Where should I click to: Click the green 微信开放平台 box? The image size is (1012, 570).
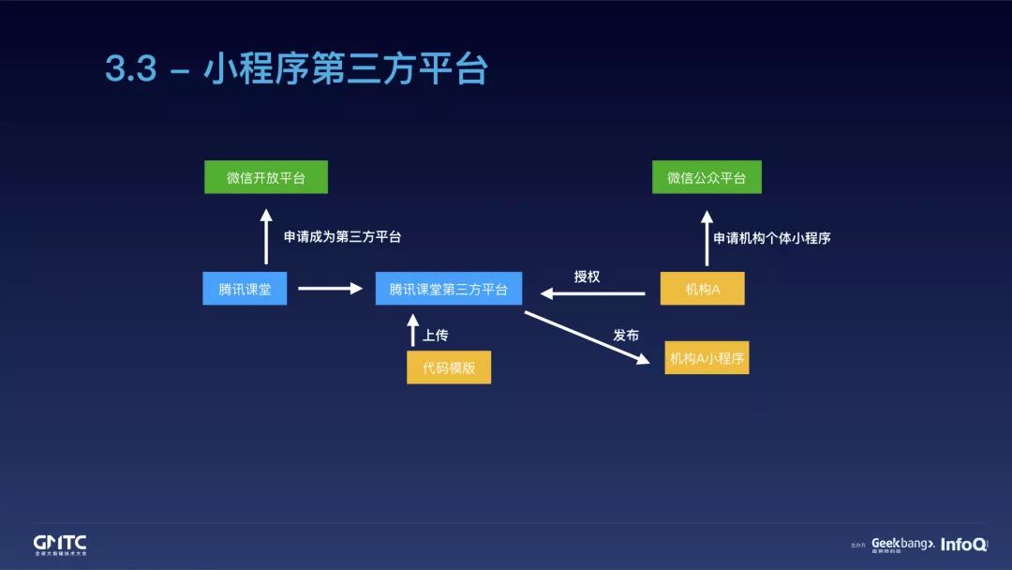click(266, 177)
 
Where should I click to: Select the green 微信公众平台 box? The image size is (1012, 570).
click(707, 177)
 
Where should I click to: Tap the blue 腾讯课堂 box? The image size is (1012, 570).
click(245, 289)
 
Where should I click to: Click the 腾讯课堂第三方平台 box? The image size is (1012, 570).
click(449, 289)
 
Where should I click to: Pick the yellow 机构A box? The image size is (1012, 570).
click(702, 289)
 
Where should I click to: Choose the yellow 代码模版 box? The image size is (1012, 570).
click(449, 367)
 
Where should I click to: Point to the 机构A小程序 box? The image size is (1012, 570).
click(707, 357)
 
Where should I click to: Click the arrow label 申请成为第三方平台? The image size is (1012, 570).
click(342, 237)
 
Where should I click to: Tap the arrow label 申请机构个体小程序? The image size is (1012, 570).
click(772, 238)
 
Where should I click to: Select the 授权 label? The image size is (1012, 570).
click(587, 277)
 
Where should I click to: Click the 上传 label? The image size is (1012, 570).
click(436, 335)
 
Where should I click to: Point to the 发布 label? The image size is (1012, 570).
click(626, 335)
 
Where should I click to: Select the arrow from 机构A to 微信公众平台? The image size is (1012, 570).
click(707, 238)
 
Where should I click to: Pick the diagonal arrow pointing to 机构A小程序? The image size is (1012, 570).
click(587, 337)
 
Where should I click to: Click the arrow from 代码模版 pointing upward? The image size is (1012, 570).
click(413, 330)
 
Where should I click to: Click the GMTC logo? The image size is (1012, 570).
click(60, 544)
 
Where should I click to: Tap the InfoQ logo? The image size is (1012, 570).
click(962, 544)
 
